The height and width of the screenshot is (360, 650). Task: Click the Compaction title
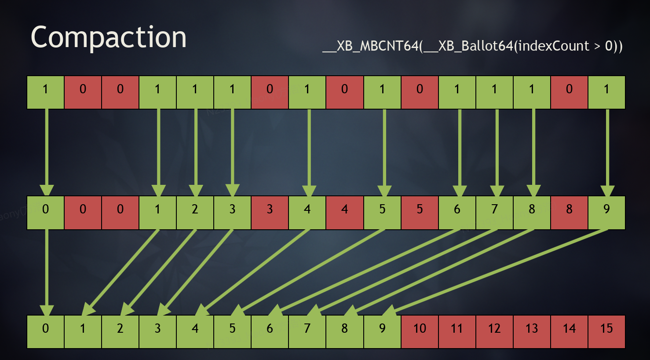109,37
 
